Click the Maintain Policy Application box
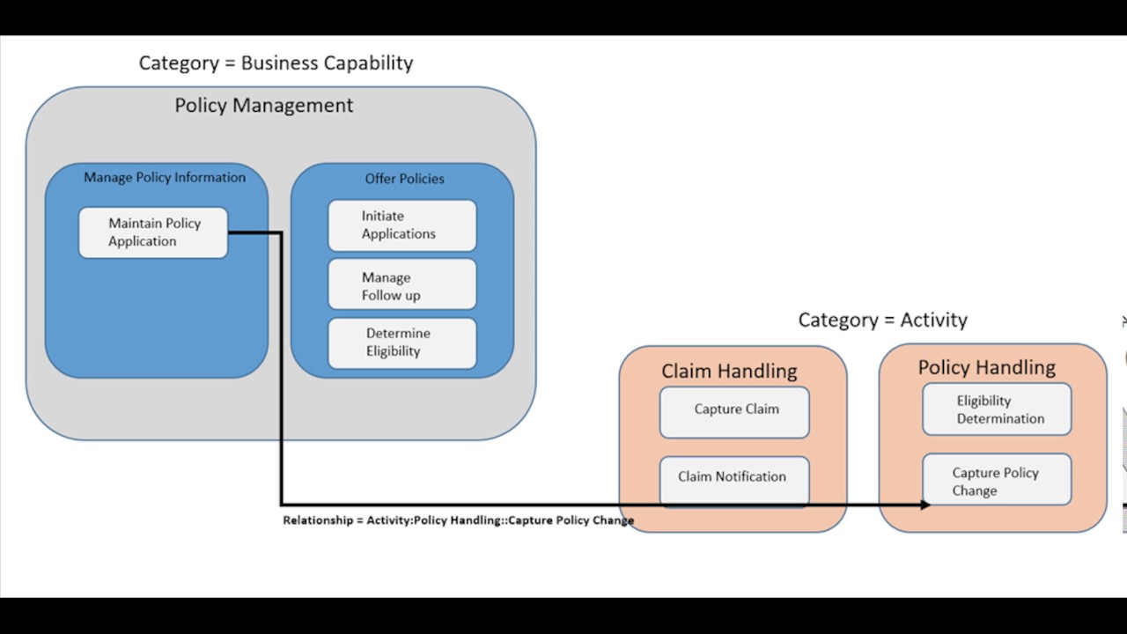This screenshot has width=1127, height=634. pyautogui.click(x=153, y=232)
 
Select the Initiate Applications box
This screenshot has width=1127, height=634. pyautogui.click(x=401, y=225)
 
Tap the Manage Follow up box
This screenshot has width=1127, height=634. pyautogui.click(x=401, y=285)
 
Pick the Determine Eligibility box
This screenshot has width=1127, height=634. pyautogui.click(x=401, y=343)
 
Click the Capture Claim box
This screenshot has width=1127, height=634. pyautogui.click(x=734, y=411)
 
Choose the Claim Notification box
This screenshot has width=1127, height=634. pyautogui.click(x=734, y=478)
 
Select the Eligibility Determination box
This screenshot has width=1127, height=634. pyautogui.click(x=997, y=409)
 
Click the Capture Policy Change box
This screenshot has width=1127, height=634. pyautogui.click(x=997, y=480)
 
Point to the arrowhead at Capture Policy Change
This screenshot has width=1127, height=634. pyautogui.click(x=925, y=505)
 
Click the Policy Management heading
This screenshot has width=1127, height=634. pyautogui.click(x=263, y=106)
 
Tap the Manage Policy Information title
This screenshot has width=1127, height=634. pyautogui.click(x=165, y=178)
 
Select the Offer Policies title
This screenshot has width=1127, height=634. pyautogui.click(x=404, y=179)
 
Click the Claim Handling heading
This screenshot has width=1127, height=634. pyautogui.click(x=729, y=372)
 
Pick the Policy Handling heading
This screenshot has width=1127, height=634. pyautogui.click(x=986, y=368)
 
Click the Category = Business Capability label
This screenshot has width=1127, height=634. pyautogui.click(x=276, y=63)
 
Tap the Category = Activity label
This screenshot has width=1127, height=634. pyautogui.click(x=882, y=321)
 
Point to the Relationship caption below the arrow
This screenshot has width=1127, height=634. pyautogui.click(x=458, y=520)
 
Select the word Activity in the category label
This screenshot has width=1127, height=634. pyautogui.click(x=933, y=321)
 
